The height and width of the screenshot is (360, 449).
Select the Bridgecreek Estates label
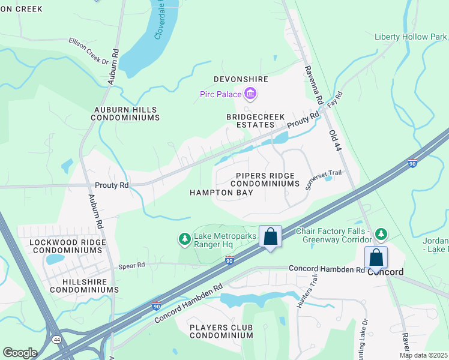point(250,121)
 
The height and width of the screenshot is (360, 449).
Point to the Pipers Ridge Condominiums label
point(265,179)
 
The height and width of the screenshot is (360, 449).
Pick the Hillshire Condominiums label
point(84,285)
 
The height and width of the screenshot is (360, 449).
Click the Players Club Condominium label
point(221,331)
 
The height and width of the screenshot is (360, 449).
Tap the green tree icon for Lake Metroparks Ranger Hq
point(185,239)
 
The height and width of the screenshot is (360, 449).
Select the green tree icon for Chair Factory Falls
point(380,233)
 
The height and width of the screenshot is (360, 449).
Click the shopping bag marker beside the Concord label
point(376,257)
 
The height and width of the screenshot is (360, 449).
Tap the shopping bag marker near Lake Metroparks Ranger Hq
point(270,236)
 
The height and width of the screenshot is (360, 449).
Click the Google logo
point(20,353)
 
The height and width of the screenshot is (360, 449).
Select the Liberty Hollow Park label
point(411,37)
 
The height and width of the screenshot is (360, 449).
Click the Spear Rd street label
point(131,265)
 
